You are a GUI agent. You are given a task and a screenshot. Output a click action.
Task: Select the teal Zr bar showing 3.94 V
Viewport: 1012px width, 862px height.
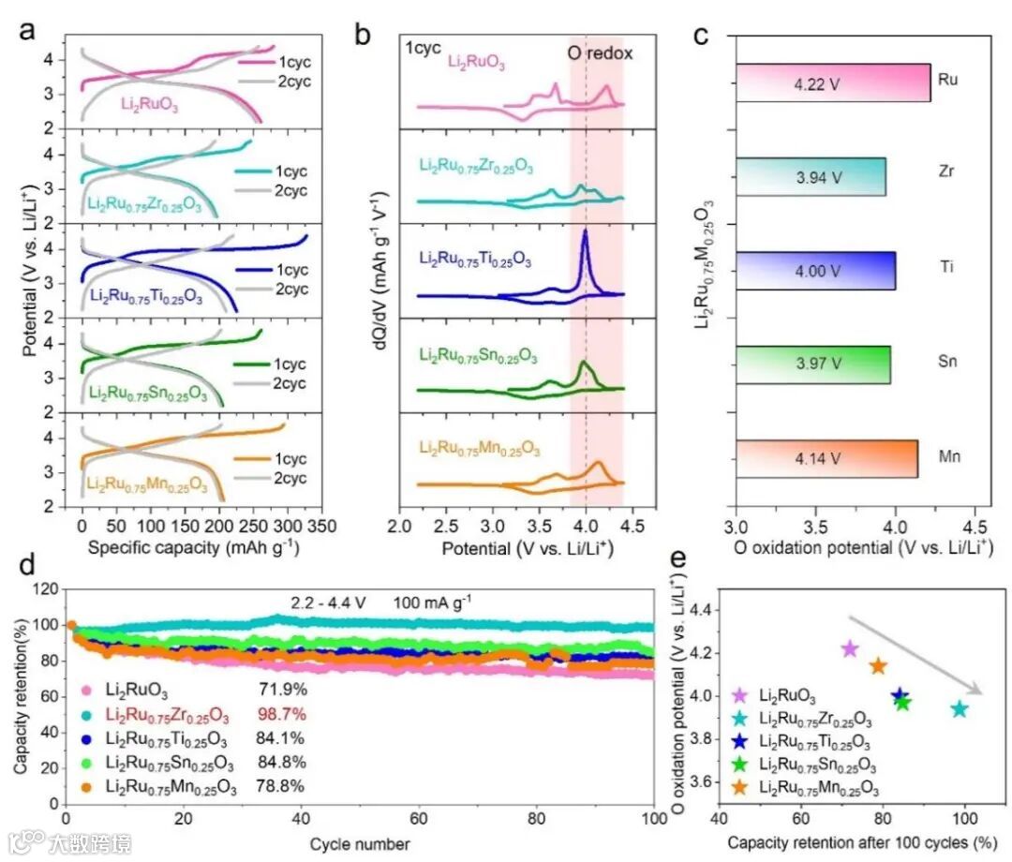[811, 177]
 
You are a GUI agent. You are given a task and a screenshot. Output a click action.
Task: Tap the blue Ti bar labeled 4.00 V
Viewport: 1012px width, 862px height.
[815, 271]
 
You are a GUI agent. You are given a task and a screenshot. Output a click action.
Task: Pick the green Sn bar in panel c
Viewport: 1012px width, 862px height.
[812, 364]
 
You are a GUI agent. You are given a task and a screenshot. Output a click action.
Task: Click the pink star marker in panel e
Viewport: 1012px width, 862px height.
[850, 648]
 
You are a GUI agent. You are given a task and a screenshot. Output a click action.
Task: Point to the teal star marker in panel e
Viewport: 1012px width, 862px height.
[959, 708]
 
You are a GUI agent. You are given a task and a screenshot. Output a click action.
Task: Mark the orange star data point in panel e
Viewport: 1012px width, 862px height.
[878, 666]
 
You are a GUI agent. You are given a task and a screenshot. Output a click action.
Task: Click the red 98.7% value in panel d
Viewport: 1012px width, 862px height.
[282, 715]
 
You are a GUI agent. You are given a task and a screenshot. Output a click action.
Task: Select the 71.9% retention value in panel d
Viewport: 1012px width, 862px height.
[282, 691]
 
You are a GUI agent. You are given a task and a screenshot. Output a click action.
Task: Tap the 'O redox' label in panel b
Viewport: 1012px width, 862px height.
[601, 53]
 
